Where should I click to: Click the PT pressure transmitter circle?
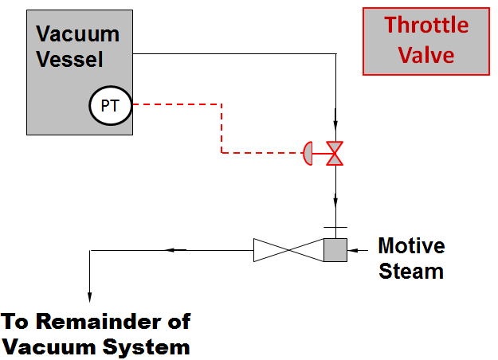tap(109, 105)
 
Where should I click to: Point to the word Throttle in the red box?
tap(426, 25)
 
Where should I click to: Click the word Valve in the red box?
tap(426, 55)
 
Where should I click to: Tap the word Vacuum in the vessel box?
tap(78, 34)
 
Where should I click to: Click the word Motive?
tap(411, 245)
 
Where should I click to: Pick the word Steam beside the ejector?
tap(411, 271)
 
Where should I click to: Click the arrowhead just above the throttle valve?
tap(335, 125)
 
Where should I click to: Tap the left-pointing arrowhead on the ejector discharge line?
tap(170, 250)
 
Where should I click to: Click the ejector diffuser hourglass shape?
tap(288, 250)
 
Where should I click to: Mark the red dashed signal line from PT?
tap(221, 127)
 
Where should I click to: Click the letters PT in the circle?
tap(109, 105)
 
